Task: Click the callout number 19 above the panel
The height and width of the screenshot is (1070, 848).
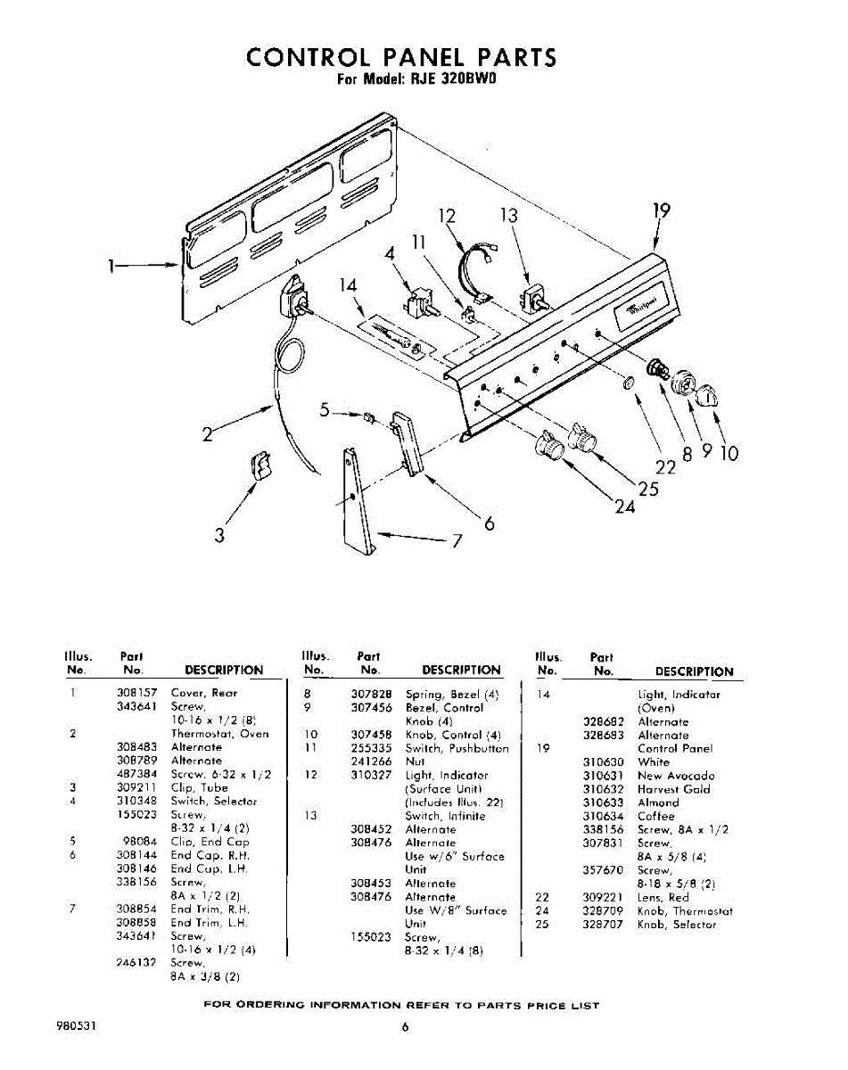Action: click(660, 210)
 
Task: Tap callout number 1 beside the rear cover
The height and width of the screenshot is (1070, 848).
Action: click(111, 265)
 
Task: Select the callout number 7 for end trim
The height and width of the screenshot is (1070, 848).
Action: click(457, 540)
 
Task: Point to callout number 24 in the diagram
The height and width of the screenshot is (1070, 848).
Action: click(624, 506)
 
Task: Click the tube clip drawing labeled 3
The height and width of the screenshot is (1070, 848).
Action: click(259, 465)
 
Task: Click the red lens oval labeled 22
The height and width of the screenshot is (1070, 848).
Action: click(629, 383)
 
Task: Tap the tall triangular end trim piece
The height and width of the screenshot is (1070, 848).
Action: click(357, 499)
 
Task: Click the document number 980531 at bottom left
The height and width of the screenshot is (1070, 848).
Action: click(76, 1026)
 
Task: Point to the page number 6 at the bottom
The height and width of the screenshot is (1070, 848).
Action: click(404, 1027)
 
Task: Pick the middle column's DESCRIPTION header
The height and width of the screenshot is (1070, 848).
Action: click(461, 671)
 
